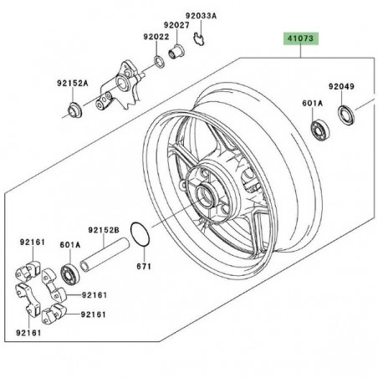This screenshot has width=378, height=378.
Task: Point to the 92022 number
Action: [x=156, y=38]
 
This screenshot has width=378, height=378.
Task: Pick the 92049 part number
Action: [x=341, y=86]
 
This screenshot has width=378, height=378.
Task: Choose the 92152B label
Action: [x=105, y=227]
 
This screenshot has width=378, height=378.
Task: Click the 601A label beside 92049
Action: [x=312, y=104]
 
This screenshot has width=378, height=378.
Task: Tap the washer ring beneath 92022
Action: [x=158, y=62]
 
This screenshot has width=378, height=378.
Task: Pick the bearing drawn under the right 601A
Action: [x=319, y=130]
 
